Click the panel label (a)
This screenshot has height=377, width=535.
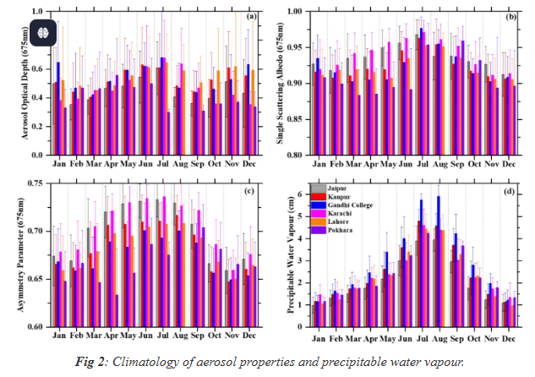coord(251,17)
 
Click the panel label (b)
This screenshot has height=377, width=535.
coord(510,17)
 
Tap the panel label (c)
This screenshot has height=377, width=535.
coord(251,188)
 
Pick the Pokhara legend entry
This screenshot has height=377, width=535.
coord(339,228)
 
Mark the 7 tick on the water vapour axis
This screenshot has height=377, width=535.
coord(304,183)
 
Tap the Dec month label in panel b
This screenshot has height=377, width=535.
coord(509,163)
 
